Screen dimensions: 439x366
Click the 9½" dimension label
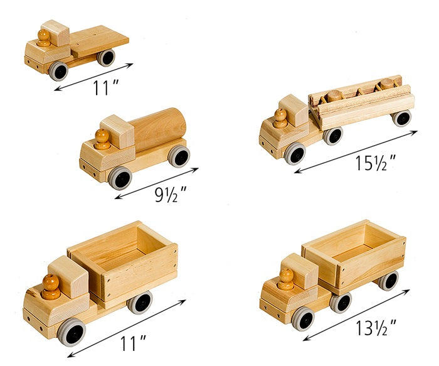tap(171, 194)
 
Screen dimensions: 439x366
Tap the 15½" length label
tap(376, 163)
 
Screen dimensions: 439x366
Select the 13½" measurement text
tap(376, 328)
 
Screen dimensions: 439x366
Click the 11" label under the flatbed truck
tap(105, 87)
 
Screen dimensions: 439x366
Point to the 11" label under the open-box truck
tap(133, 343)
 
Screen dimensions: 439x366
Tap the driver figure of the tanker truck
tap(102, 139)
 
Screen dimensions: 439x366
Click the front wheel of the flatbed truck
tap(58, 71)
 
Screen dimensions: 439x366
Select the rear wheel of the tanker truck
tap(179, 156)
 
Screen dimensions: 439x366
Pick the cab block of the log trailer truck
tap(294, 110)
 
